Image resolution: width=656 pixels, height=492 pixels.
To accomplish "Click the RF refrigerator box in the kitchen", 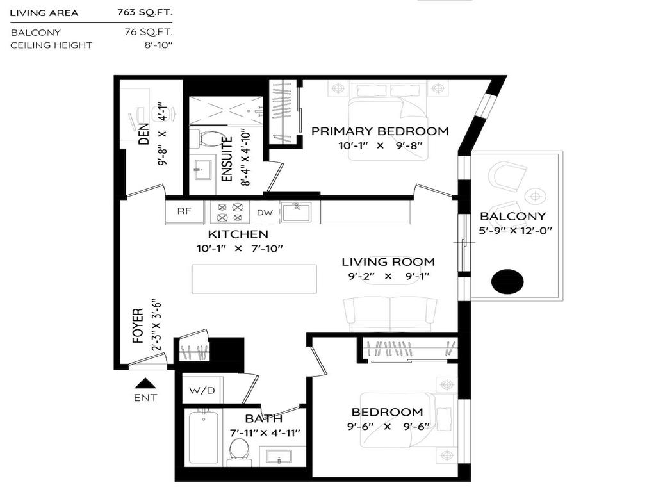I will [184, 213].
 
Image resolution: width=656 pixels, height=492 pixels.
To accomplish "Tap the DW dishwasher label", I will [265, 213].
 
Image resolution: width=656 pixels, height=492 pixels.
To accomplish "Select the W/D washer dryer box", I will [198, 389].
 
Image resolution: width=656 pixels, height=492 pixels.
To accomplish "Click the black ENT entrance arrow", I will [146, 384].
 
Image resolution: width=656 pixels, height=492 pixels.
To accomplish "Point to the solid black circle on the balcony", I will [507, 281].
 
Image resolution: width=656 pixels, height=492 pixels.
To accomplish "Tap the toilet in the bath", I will [240, 449].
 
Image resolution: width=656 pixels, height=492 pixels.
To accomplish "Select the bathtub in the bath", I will [204, 439].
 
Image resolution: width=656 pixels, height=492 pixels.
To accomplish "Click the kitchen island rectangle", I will [254, 279].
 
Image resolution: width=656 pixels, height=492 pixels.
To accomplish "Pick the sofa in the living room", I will [390, 312].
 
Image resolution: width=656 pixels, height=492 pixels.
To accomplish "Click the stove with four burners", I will [229, 213].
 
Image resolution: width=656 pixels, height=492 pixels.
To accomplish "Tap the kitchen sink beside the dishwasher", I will [296, 211].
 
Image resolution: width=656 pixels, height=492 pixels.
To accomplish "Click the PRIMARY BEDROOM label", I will [380, 131].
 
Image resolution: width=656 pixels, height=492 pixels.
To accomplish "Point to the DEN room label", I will [144, 133].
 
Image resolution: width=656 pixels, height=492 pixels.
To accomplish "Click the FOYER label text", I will [138, 326].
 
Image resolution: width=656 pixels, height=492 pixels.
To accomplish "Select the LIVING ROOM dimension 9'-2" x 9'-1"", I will [388, 276].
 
